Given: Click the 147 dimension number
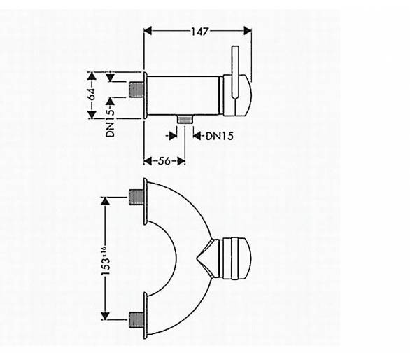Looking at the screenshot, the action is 200,32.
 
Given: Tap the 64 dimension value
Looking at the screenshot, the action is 92,94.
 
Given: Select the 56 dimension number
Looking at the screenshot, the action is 164,161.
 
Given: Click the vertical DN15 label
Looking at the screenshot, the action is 111,123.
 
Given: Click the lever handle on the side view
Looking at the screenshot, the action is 235,73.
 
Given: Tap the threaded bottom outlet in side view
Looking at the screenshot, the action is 185,119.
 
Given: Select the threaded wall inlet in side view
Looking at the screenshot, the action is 136,90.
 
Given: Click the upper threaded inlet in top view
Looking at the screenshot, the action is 136,198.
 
